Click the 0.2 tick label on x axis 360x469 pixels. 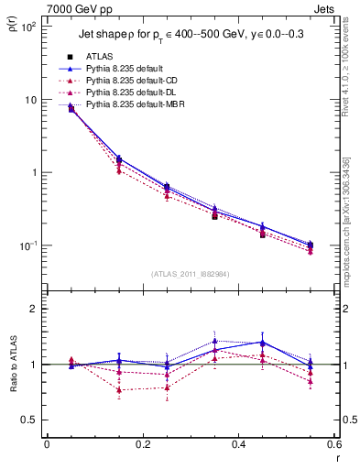tap(142, 446)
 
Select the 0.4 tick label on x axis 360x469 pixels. tap(238, 446)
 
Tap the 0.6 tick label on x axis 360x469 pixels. tap(333, 446)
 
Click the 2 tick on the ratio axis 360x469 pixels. tap(34, 310)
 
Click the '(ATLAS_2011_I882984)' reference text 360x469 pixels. tap(190, 274)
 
